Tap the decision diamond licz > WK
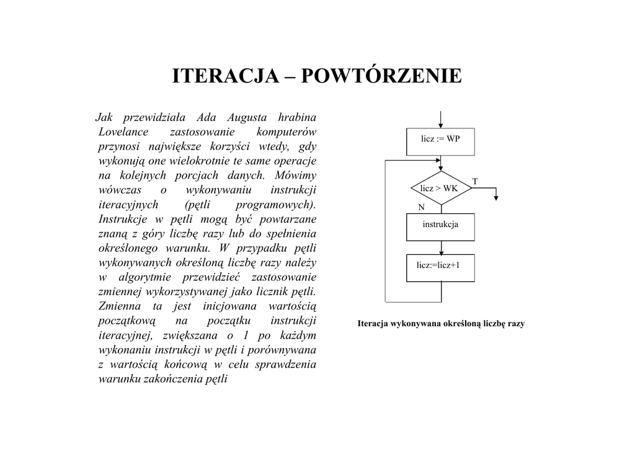[x=441, y=188]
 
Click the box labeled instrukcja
[x=440, y=227]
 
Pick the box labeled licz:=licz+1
[x=440, y=268]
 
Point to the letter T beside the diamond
[x=475, y=181]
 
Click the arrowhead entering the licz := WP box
[x=441, y=125]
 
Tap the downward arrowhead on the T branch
[x=495, y=197]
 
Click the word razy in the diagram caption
[x=516, y=324]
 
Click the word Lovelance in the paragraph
[x=123, y=131]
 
